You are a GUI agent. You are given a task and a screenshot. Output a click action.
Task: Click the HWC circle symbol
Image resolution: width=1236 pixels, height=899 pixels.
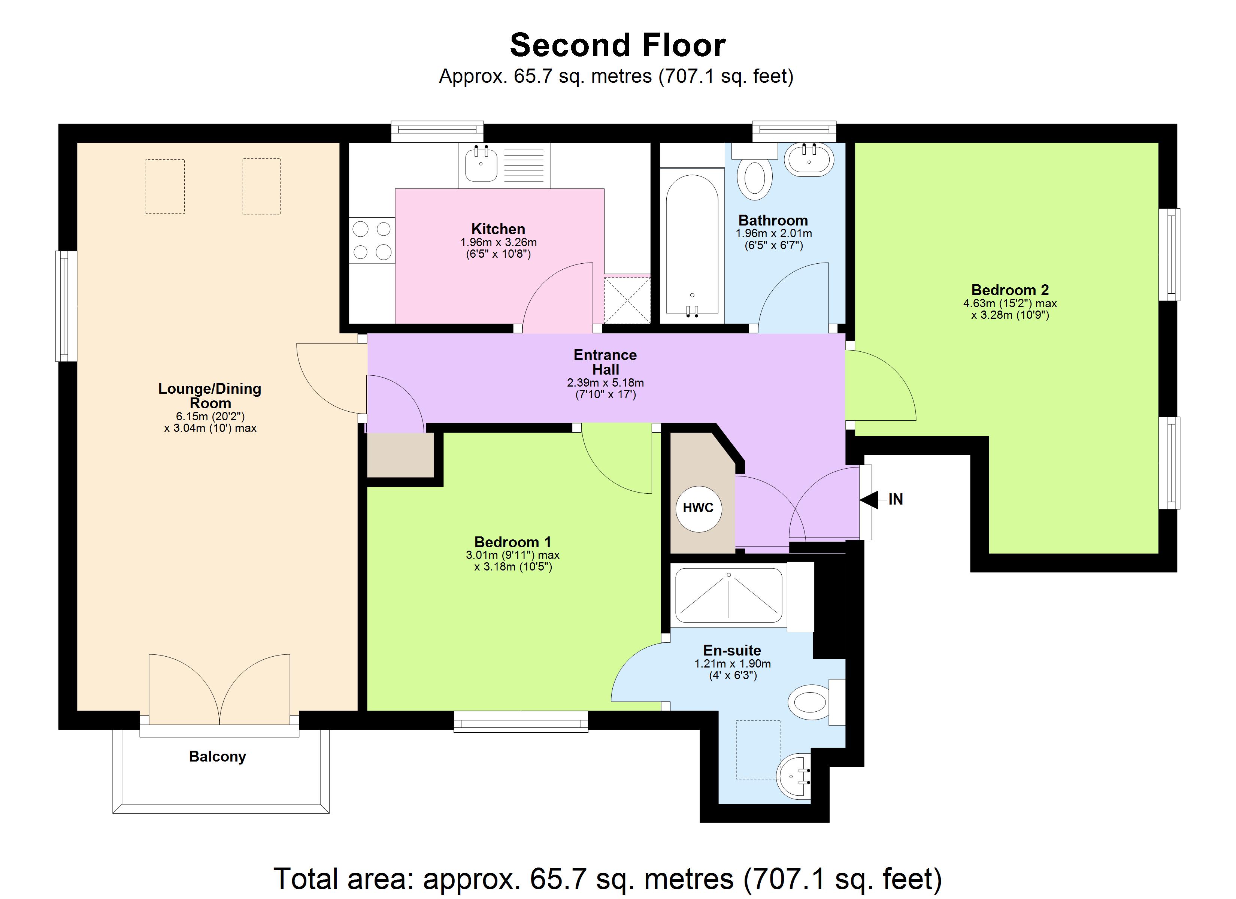pos(698,508)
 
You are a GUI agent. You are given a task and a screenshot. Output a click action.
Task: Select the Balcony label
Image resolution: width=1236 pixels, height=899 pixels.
pos(218,756)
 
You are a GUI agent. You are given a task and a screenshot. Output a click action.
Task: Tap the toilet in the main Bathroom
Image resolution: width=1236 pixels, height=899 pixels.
pos(754,177)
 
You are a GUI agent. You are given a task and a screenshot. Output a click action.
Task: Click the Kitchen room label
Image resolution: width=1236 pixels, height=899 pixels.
pos(498,229)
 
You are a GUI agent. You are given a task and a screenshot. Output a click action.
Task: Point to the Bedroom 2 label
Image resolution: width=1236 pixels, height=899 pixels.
pos(1010,290)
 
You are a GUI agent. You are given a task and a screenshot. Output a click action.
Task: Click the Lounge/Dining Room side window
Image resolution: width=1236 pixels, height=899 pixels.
pos(66,306)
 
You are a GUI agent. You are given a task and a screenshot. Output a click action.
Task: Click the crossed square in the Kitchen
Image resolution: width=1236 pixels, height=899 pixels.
pos(627,300)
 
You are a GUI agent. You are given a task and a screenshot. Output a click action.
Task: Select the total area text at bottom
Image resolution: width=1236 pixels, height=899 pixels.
pos(607,878)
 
